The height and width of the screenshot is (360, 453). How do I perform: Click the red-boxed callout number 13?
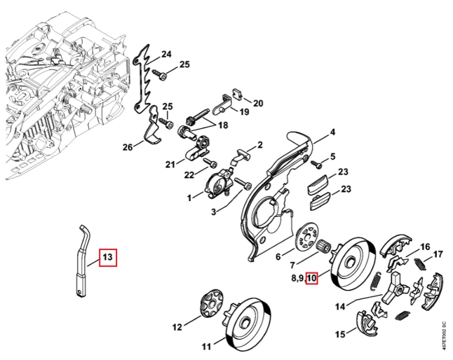coord(108,257)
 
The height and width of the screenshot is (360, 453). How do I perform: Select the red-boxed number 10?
coord(312,278)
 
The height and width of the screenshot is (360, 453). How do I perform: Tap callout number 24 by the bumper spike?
coord(166,54)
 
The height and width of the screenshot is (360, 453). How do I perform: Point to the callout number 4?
coord(333,132)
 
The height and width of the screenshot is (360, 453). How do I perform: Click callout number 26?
coord(127,147)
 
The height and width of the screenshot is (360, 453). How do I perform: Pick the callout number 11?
coord(207,346)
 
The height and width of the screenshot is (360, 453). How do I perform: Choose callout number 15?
coord(340,334)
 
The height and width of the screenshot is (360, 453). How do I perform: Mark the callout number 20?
coord(258,103)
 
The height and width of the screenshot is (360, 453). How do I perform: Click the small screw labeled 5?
coord(316,165)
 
